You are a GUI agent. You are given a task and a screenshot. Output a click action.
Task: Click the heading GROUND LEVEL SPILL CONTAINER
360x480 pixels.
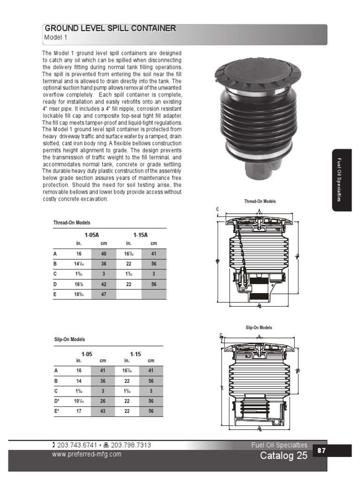(x=110, y=29)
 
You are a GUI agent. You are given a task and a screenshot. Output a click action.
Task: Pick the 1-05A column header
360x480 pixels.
(x=92, y=235)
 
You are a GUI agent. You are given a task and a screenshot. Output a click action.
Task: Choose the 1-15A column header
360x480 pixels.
(x=141, y=235)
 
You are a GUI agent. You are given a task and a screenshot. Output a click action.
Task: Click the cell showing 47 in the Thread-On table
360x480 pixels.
(x=104, y=295)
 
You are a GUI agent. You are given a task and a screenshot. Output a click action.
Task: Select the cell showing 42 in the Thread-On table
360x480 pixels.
(x=104, y=284)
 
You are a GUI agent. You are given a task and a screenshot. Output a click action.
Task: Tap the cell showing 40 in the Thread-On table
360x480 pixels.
(x=104, y=254)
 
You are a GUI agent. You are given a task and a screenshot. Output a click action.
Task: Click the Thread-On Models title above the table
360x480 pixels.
(x=72, y=223)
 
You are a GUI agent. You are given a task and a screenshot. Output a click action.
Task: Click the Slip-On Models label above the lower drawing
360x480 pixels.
(x=259, y=328)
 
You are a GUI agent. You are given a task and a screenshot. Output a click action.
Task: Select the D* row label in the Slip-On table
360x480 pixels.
(x=57, y=401)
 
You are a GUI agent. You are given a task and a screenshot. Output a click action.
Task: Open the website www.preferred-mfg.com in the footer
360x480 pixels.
(x=86, y=454)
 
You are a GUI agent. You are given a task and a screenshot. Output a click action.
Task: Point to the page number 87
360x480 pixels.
(x=322, y=450)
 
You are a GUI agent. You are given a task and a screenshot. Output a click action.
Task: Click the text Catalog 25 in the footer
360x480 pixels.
(x=284, y=456)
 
